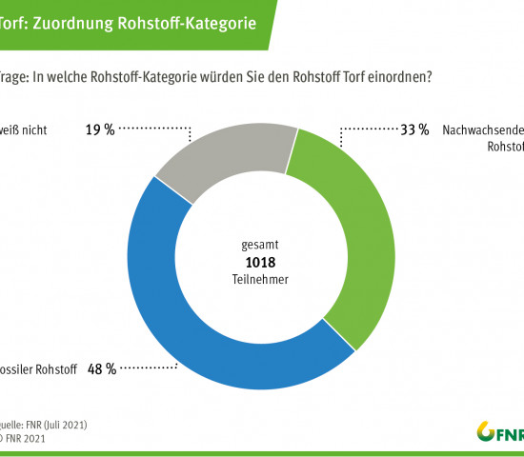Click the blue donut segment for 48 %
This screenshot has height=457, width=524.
coord(181,314)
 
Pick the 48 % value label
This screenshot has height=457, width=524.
coord(103,368)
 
